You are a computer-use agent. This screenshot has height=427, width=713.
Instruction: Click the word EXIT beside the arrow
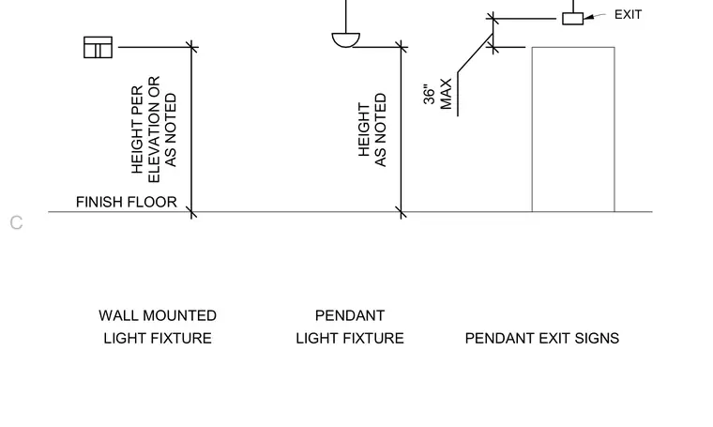(x=628, y=15)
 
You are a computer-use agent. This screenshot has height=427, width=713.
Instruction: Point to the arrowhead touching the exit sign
(x=588, y=17)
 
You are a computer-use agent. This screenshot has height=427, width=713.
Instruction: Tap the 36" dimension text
(x=429, y=94)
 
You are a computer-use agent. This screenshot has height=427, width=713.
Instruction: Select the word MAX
(x=446, y=94)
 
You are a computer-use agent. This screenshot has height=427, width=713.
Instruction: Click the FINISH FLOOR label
(x=127, y=202)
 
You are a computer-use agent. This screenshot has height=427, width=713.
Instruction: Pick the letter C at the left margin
(x=16, y=222)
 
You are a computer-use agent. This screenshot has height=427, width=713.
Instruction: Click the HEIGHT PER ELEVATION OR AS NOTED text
(x=154, y=130)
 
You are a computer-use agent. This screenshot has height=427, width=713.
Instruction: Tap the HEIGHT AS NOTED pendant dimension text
(x=372, y=130)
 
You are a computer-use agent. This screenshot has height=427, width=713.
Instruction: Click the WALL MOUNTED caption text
(x=158, y=315)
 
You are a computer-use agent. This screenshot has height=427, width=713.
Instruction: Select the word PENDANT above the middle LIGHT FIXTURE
(x=350, y=315)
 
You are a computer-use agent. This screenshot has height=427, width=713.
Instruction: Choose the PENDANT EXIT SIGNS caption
(x=542, y=339)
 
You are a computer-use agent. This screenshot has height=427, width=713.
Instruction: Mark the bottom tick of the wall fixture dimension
(x=192, y=212)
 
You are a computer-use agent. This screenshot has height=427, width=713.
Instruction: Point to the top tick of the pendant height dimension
(x=402, y=47)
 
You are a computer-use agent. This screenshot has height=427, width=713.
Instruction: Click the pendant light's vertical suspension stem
(x=346, y=16)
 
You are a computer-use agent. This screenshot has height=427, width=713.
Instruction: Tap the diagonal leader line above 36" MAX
(x=476, y=53)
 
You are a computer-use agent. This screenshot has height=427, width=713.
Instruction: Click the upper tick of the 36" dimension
(x=493, y=19)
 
